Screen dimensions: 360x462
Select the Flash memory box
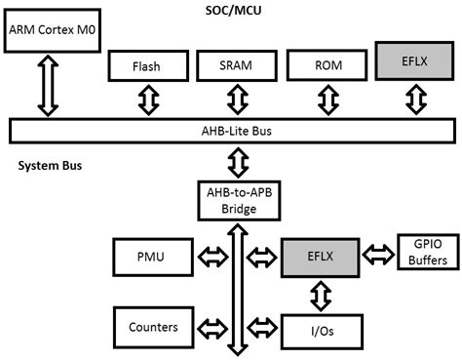(x=147, y=66)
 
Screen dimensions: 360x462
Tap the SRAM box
(x=237, y=66)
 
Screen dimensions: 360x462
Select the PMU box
(x=151, y=259)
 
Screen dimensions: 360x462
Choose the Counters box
(x=151, y=328)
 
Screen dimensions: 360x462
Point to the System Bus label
(x=50, y=166)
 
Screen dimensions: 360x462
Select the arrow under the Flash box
(x=147, y=100)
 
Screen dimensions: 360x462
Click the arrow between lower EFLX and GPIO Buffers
(x=378, y=257)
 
